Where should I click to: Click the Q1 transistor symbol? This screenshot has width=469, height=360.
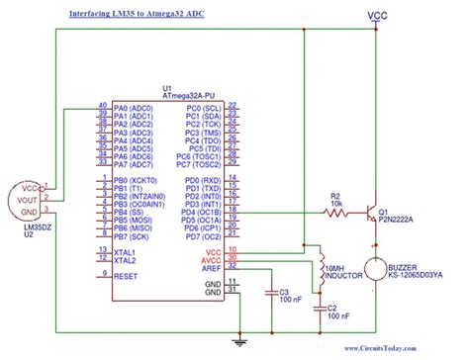(x=373, y=212)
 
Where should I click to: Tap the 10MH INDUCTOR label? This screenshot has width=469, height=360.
(x=344, y=273)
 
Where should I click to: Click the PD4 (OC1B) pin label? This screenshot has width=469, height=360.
(x=202, y=211)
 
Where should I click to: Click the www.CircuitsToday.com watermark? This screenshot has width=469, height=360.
(x=406, y=348)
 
